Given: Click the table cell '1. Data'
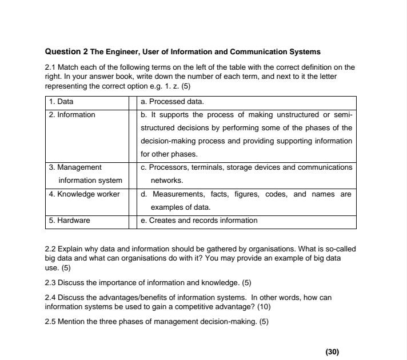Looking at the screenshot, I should pyautogui.click(x=61, y=102).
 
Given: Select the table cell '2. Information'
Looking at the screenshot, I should pyautogui.click(x=72, y=115).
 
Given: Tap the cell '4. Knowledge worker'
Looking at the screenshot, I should pyautogui.click(x=84, y=194).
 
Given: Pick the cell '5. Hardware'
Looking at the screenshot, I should pyautogui.click(x=69, y=221).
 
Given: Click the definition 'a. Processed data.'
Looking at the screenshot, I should pyautogui.click(x=172, y=102).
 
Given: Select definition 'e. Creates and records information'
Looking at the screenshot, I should pyautogui.click(x=199, y=221).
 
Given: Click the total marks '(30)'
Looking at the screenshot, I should pyautogui.click(x=332, y=352).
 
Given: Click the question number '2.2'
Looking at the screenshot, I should pyautogui.click(x=50, y=250).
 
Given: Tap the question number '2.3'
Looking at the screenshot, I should pyautogui.click(x=50, y=283).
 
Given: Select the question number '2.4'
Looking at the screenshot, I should pyautogui.click(x=50, y=298).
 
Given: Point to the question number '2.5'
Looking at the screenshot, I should pyautogui.click(x=50, y=322).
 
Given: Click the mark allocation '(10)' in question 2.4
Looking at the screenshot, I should pyautogui.click(x=264, y=307).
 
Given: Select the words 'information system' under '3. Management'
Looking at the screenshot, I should pyautogui.click(x=90, y=181).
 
